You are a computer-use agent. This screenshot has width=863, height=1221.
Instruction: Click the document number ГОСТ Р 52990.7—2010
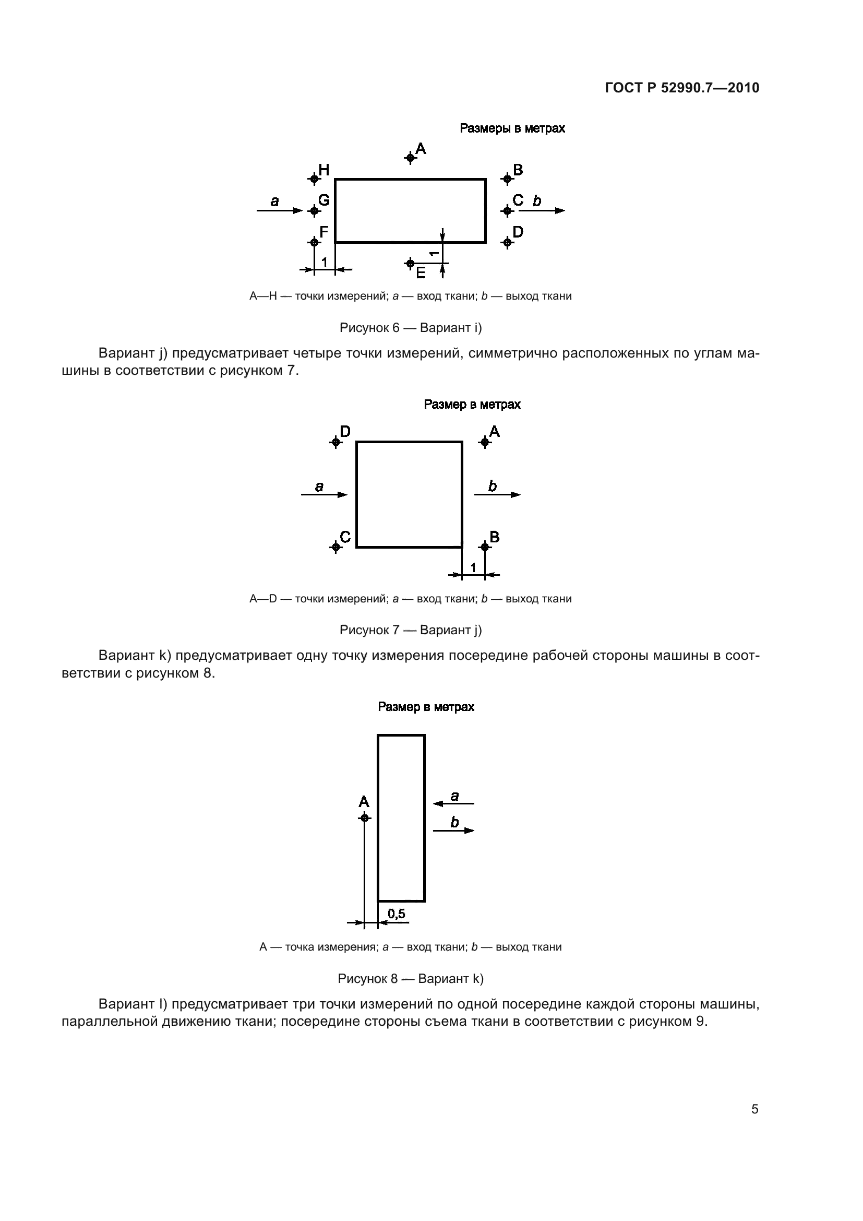[x=682, y=88]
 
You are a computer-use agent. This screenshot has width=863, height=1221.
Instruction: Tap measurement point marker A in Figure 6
[x=410, y=158]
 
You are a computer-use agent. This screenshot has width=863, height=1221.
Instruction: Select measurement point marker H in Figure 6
[x=314, y=179]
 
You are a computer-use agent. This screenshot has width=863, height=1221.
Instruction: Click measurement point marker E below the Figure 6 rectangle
[x=410, y=263]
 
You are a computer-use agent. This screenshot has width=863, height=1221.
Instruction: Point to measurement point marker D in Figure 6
[x=507, y=243]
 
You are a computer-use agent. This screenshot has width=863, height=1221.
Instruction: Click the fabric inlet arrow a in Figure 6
[x=280, y=210]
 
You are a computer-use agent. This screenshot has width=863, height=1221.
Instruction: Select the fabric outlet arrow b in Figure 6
[x=542, y=210]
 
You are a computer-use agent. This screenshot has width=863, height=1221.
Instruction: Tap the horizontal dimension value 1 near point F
[x=324, y=262]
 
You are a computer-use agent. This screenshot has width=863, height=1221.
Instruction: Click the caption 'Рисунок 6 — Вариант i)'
[x=410, y=328]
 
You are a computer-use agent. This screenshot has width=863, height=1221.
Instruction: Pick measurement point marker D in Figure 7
[x=335, y=442]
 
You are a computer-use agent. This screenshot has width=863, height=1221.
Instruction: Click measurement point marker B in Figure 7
[x=484, y=547]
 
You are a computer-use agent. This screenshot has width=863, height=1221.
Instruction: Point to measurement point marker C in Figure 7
[x=335, y=547]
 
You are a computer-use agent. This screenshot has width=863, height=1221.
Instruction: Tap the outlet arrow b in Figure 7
[x=497, y=494]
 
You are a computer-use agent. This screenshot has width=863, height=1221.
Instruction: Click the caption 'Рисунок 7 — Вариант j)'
[x=410, y=630]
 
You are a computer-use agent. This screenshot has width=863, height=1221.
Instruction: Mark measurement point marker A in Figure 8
[x=364, y=817]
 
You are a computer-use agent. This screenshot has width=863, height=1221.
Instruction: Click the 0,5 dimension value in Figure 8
[x=397, y=914]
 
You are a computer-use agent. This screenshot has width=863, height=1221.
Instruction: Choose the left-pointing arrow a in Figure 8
[x=453, y=803]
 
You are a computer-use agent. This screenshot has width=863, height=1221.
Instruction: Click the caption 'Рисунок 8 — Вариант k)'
[x=410, y=978]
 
